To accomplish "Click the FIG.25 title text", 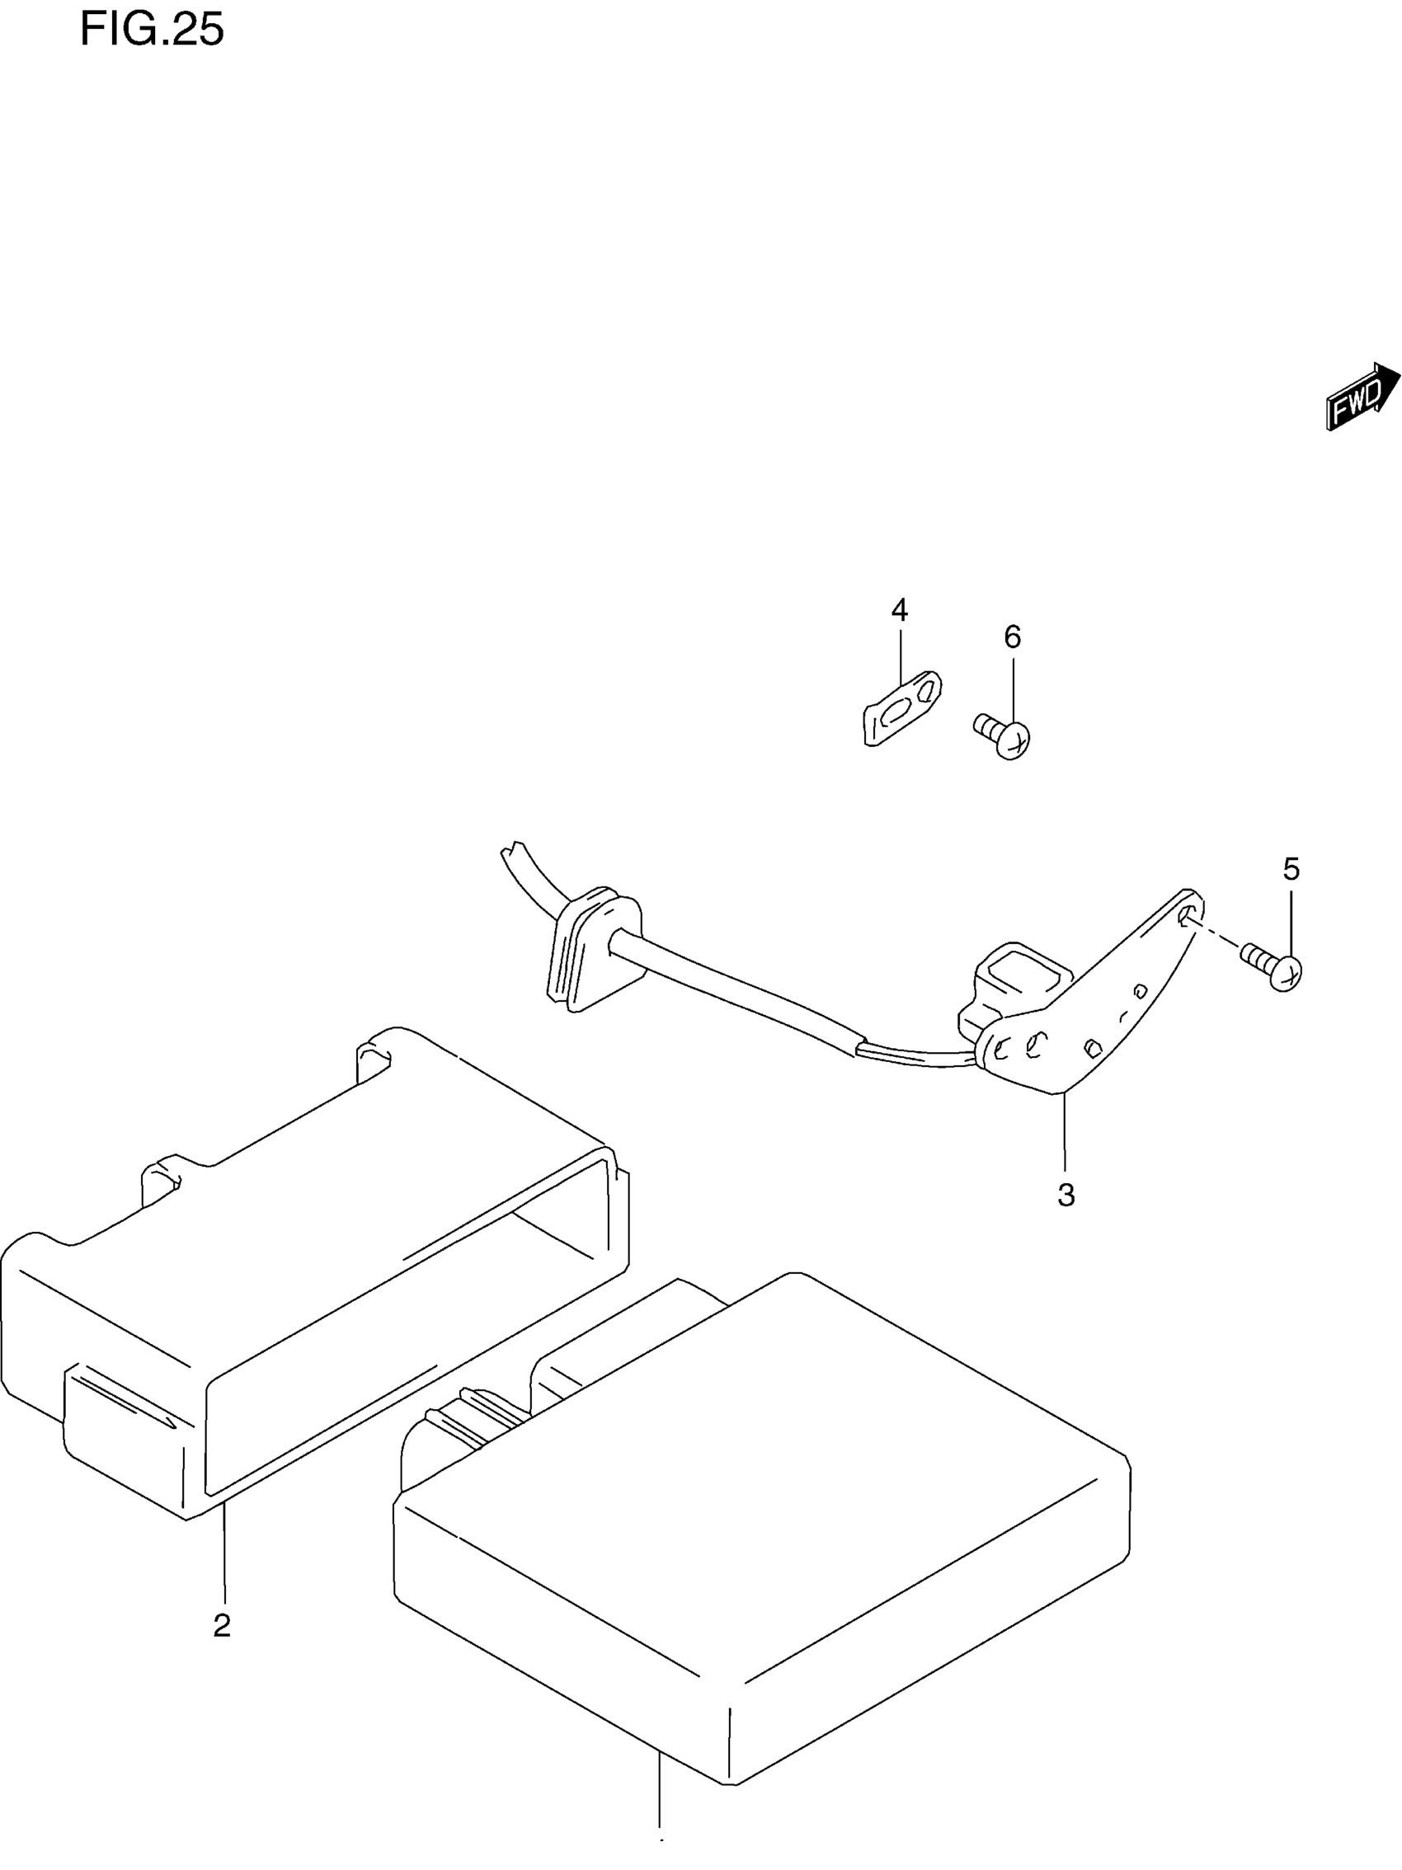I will pos(153,31).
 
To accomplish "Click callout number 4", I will pos(899,609).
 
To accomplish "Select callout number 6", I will pos(1012,637).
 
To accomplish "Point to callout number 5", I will pos(1291,869).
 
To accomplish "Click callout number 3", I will pos(1066,1196).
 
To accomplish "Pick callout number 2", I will pos(223,1625).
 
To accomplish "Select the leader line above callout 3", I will pos(1065,1133).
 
